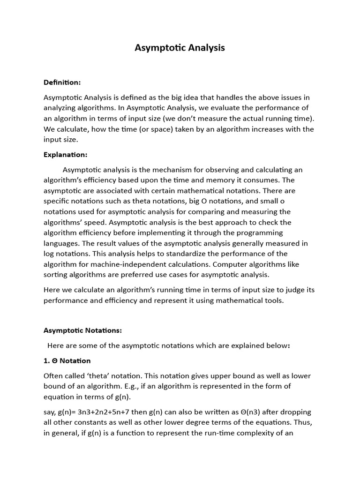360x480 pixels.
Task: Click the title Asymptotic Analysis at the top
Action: tap(180, 48)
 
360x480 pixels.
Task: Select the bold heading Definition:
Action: tap(62, 82)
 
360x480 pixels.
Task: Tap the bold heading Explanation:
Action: tap(66, 155)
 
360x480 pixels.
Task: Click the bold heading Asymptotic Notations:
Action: tap(82, 330)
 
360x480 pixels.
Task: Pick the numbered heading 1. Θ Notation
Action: tap(67, 361)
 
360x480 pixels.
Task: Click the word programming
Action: tap(259, 232)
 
